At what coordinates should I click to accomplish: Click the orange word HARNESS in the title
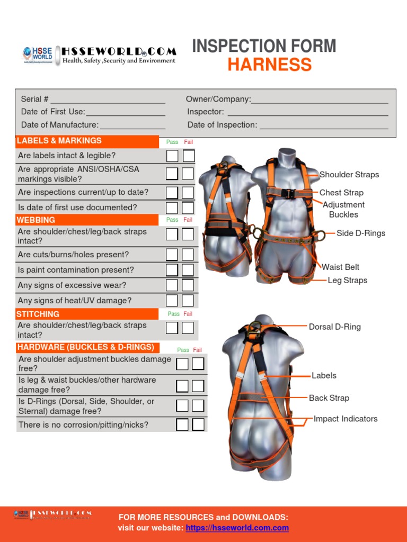(x=269, y=65)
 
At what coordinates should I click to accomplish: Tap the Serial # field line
(x=108, y=100)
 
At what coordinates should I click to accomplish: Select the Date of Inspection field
(x=323, y=125)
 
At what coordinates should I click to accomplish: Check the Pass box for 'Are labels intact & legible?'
(x=172, y=156)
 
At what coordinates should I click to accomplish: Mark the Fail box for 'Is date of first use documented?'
(x=188, y=207)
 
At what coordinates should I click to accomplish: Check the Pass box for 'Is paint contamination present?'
(x=172, y=270)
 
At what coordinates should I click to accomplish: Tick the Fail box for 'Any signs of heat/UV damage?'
(x=188, y=301)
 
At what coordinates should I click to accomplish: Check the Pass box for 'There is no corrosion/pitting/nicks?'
(x=182, y=424)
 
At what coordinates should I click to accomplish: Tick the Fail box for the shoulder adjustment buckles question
(x=198, y=364)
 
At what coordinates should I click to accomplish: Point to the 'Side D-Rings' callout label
(x=361, y=233)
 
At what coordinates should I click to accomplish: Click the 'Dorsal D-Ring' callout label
(x=335, y=327)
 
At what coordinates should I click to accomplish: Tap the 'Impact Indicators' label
(x=346, y=419)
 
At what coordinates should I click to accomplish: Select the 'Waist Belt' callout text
(x=341, y=267)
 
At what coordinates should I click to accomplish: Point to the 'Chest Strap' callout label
(x=341, y=193)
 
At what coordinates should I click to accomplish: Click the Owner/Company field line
(x=320, y=100)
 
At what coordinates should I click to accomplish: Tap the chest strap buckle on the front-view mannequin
(x=289, y=193)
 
